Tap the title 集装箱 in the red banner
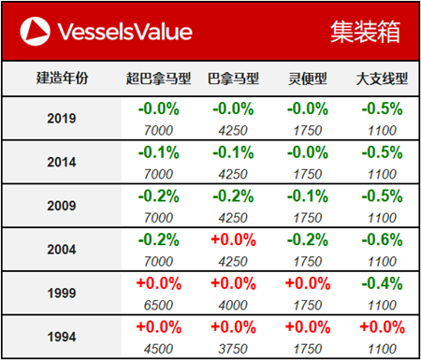coord(364,33)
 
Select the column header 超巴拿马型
coord(156,78)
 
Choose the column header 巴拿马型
coord(231,78)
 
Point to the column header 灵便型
coord(307,78)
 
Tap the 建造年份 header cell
coord(63,78)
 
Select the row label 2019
coord(62,119)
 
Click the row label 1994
coord(62,334)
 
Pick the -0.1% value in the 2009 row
coord(307,194)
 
